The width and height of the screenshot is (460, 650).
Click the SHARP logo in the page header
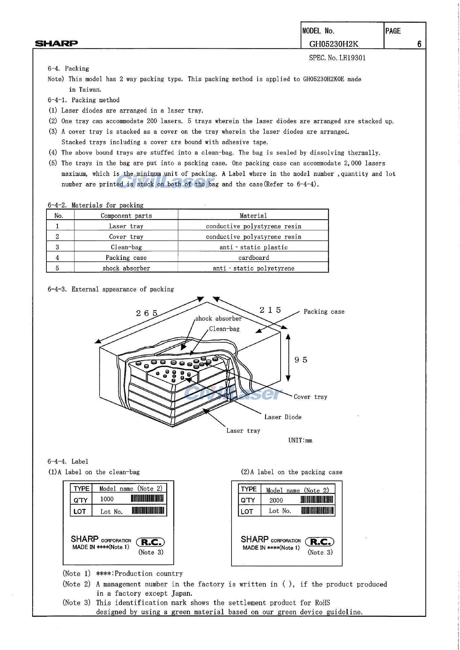(57, 43)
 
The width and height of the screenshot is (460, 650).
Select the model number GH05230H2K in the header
(333, 44)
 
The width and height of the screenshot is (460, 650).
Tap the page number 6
(419, 44)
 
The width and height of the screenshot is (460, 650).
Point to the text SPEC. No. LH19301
(337, 58)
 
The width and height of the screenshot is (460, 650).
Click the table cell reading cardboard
(254, 258)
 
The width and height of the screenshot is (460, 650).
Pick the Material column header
(253, 216)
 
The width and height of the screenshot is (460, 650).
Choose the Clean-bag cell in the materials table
(126, 247)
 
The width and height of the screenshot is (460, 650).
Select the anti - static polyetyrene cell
(254, 268)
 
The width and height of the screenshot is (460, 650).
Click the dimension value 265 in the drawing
(147, 313)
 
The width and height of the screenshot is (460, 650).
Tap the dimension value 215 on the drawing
(270, 310)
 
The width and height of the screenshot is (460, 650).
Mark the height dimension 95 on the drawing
(301, 360)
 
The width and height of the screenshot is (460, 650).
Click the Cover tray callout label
(310, 397)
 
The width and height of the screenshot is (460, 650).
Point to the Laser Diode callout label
(283, 417)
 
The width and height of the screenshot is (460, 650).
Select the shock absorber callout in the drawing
(219, 319)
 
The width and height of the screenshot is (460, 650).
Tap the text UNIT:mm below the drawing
(300, 440)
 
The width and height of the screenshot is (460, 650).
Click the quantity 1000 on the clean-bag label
(107, 499)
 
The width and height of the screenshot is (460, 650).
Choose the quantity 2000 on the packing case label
(276, 500)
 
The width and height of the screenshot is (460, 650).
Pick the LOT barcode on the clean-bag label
(148, 511)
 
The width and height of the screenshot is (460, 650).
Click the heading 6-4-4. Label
(68, 461)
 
